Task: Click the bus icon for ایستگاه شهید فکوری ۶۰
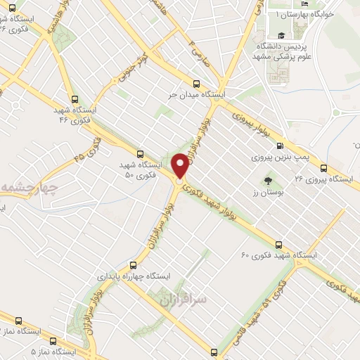click(x=278, y=245)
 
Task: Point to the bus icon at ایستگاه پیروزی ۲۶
click(x=323, y=168)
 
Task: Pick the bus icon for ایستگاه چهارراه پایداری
click(x=133, y=266)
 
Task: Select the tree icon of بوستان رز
click(x=268, y=181)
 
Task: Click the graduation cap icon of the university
click(x=281, y=35)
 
